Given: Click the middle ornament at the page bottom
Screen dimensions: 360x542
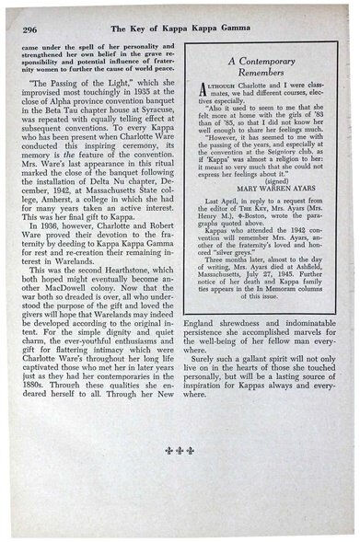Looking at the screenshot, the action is (182, 478).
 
